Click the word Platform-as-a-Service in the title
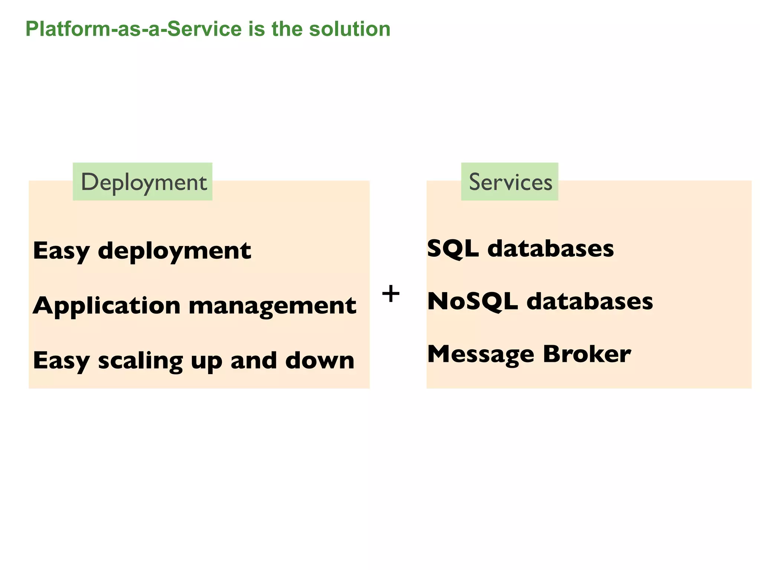[x=134, y=29]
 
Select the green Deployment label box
[x=143, y=182]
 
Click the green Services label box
[x=510, y=182]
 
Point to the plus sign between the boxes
[x=391, y=294]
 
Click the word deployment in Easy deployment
[x=174, y=251]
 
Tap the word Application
[x=107, y=306]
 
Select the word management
[x=272, y=306]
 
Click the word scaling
[x=140, y=361]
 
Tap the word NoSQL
[x=472, y=301]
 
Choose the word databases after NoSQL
[x=590, y=301]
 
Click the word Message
[x=481, y=354]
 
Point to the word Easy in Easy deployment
[x=61, y=251]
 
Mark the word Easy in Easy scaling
[x=61, y=361]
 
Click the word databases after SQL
[x=550, y=249]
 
